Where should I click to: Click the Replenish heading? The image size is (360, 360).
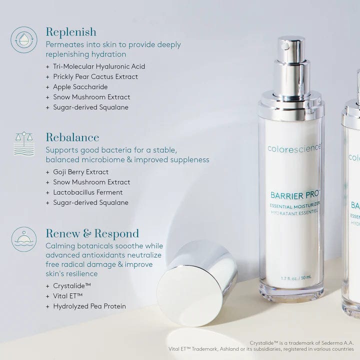pos(70,32)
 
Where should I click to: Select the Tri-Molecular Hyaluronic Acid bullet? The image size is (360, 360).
pos(98,66)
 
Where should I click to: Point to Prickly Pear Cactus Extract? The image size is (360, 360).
pos(95,76)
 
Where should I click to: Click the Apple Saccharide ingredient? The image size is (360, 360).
pos(80,87)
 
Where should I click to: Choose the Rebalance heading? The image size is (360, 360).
pos(72,137)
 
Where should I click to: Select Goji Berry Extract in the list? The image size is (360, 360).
pos(80,172)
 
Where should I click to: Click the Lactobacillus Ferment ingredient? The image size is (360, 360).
pos(87,192)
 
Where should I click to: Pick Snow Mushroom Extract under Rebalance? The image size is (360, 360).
pos(91,182)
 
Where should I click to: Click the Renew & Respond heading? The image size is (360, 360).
pos(92,233)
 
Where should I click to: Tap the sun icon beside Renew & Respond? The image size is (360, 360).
pos(23,239)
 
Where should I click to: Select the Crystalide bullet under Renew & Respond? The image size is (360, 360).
pos(71,286)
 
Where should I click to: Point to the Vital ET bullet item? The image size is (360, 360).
pos(67,296)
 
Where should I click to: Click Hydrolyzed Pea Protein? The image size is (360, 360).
pos(89,306)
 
